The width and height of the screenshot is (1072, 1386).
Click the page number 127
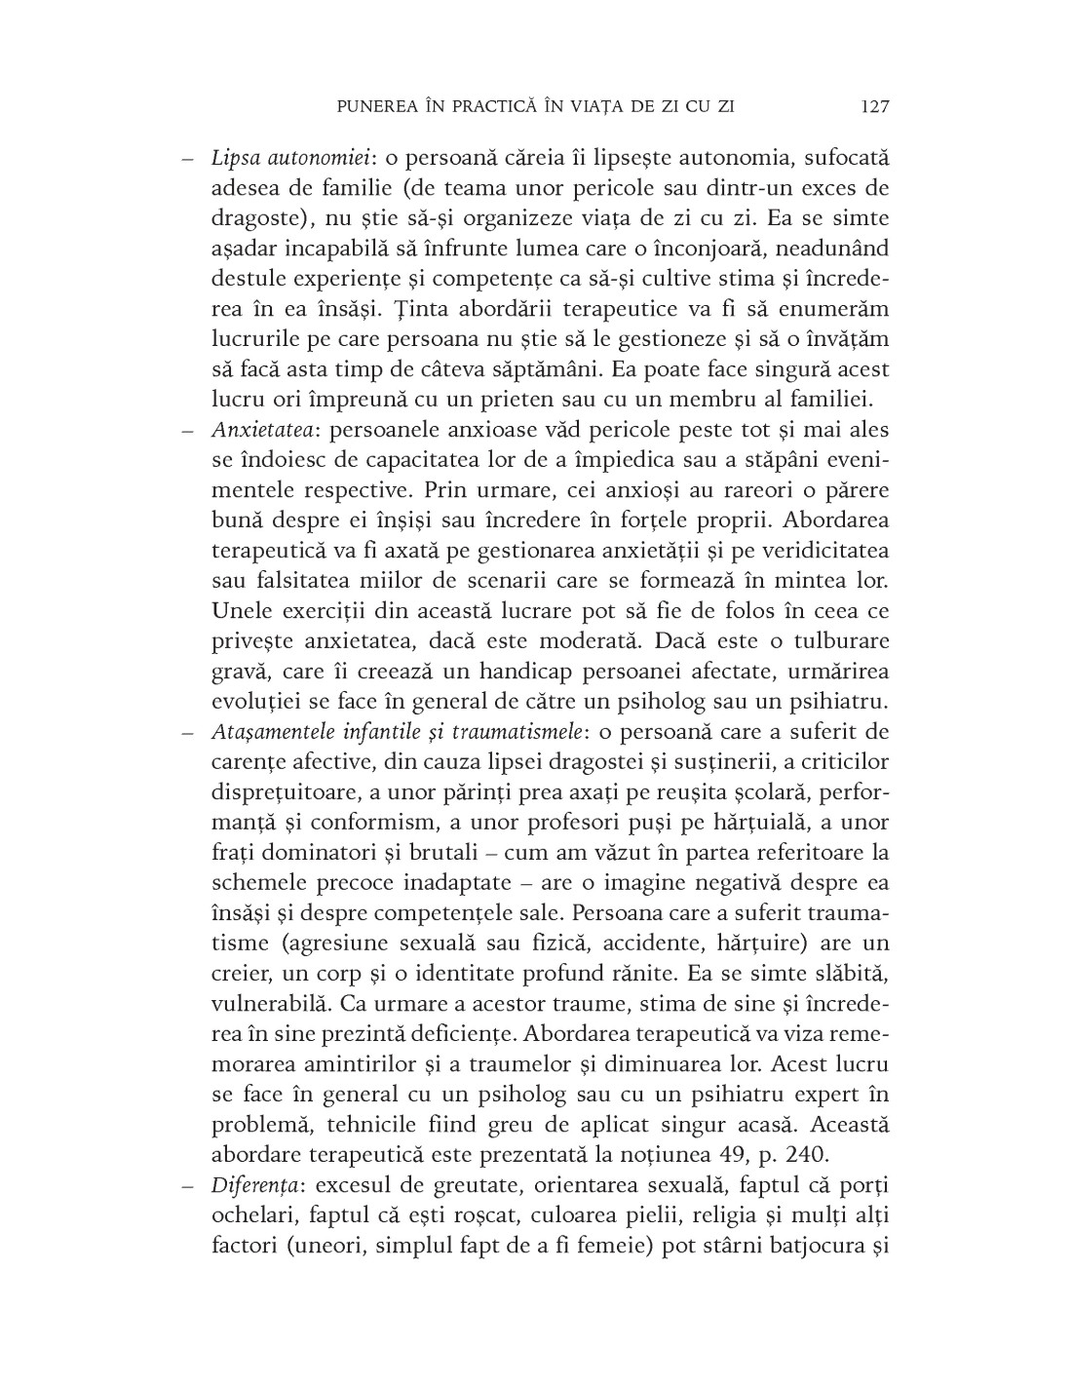point(875,106)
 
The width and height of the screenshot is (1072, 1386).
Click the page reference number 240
point(806,1155)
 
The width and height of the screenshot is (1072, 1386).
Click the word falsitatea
point(298,581)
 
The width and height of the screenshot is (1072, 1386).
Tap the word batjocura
point(807,1246)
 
